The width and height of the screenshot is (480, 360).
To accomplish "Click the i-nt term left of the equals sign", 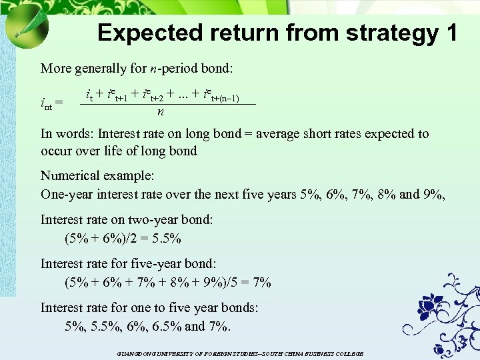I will pyautogui.click(x=47, y=103).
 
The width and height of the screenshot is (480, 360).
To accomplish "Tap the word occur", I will pyautogui.click(x=57, y=151).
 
